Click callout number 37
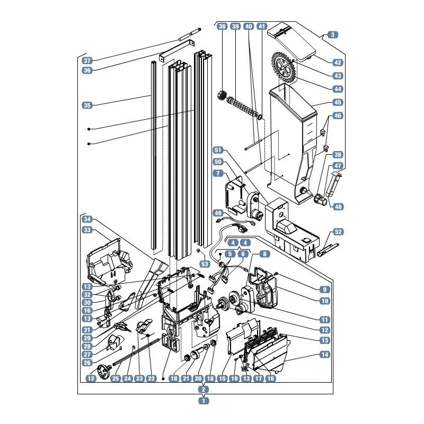click(87, 60)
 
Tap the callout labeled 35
click(87, 105)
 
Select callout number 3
click(333, 34)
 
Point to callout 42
click(338, 63)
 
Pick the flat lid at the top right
click(291, 42)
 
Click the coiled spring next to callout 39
click(242, 107)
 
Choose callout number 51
click(218, 150)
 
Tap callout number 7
click(218, 173)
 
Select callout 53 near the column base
click(205, 263)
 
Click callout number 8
click(264, 254)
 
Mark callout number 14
click(325, 354)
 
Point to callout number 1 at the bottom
click(204, 401)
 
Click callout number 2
click(204, 390)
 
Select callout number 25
click(116, 378)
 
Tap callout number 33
click(87, 230)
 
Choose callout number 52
click(338, 232)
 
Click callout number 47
click(338, 165)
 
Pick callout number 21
click(186, 378)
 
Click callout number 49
click(218, 213)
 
